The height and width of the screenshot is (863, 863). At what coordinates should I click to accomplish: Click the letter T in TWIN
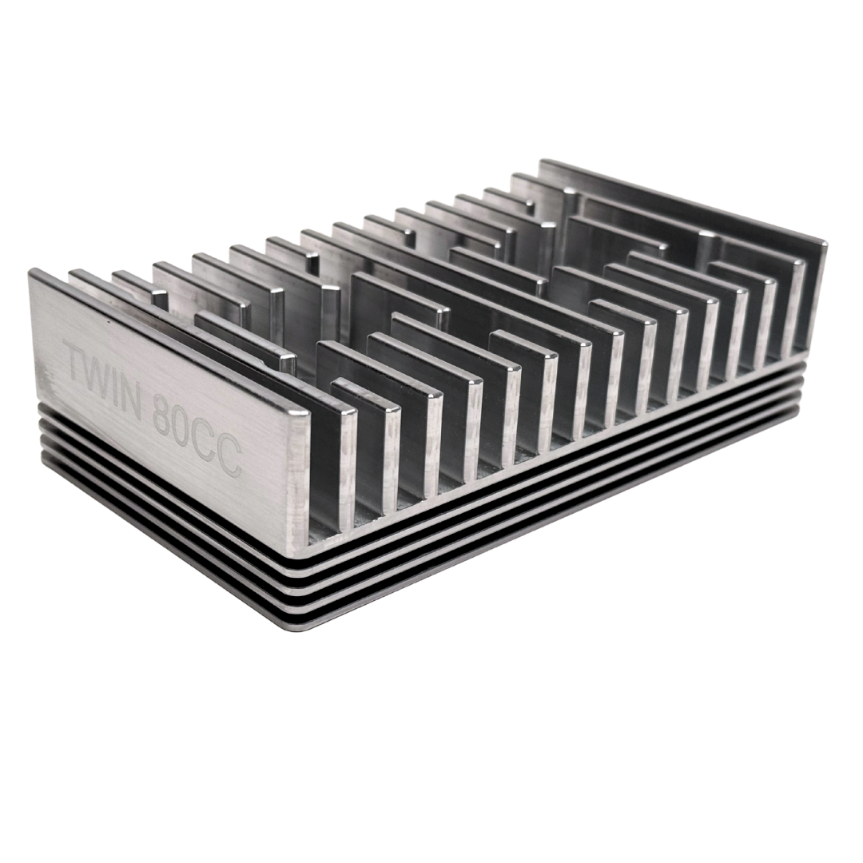point(77,365)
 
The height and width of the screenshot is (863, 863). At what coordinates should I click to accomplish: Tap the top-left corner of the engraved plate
point(30,272)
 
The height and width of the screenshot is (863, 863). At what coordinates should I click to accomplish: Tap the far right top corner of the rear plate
point(826,242)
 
